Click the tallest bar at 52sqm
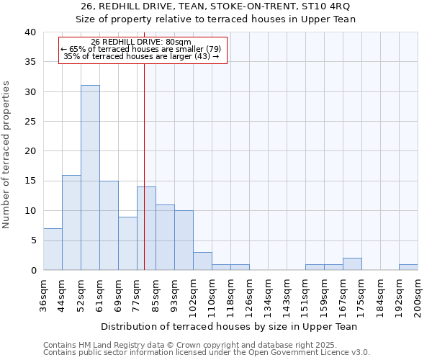pyautogui.click(x=90, y=177)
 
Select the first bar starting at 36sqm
pyautogui.click(x=53, y=249)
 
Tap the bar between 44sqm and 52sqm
pyautogui.click(x=71, y=222)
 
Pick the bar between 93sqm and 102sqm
pyautogui.click(x=184, y=240)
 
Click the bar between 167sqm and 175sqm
pyautogui.click(x=352, y=264)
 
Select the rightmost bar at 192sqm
pyautogui.click(x=408, y=267)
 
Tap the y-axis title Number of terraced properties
pyautogui.click(x=6, y=155)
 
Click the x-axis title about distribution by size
pyautogui.click(x=230, y=326)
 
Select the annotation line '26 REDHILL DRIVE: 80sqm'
pyautogui.click(x=142, y=42)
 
